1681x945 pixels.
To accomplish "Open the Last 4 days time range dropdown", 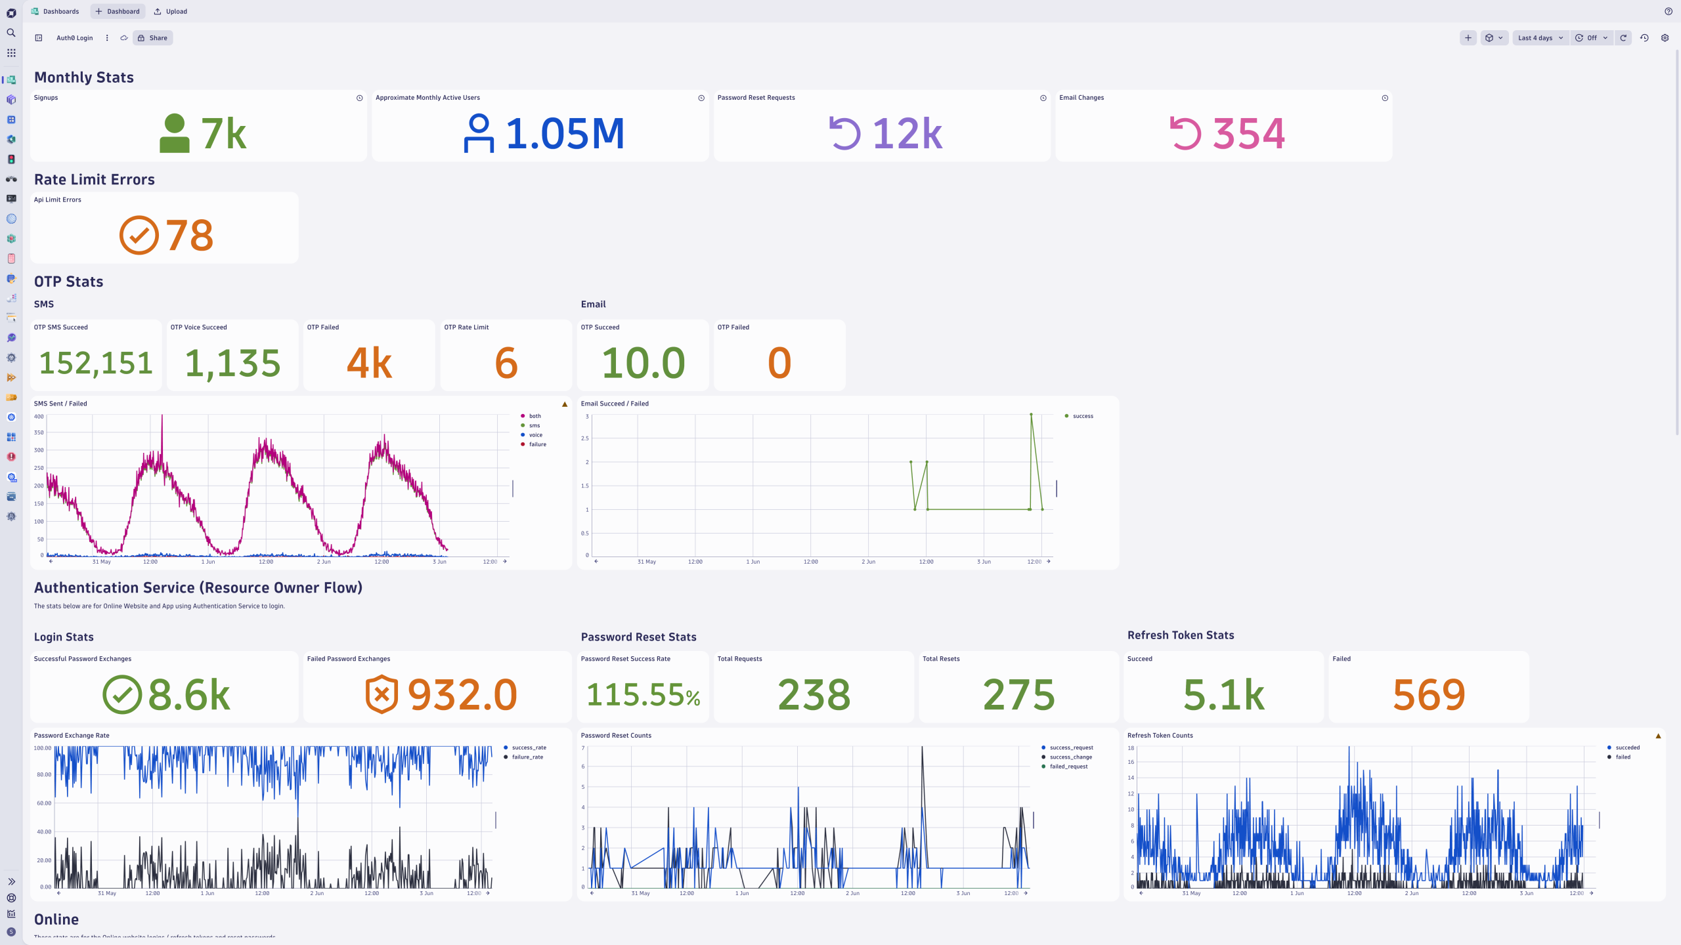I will pos(1540,38).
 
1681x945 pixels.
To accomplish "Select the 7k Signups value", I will pos(223,134).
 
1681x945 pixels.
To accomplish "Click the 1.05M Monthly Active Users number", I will pos(565,134).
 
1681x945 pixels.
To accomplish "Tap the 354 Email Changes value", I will pos(1248,134).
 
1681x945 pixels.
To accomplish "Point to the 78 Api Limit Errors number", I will pos(189,236).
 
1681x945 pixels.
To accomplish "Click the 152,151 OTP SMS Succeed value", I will pos(96,363).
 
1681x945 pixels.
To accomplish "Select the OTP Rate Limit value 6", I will pos(506,363).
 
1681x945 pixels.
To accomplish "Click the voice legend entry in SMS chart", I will pos(535,435).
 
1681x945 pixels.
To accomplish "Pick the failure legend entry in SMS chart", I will pos(537,444).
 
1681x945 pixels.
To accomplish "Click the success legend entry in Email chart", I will pos(1082,416).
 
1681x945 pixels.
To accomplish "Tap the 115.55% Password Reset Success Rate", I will pos(643,695).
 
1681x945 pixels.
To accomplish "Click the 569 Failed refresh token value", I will pos(1429,695).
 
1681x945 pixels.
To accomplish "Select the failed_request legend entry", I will pos(1068,766).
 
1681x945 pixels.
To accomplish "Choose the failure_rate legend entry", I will pos(527,757).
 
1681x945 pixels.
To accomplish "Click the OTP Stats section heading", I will pos(68,282).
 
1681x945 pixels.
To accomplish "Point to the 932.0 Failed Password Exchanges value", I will pos(462,695).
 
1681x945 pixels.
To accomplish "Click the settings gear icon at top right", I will pos(1665,38).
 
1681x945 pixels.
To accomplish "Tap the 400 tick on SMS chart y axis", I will pos(39,417).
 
